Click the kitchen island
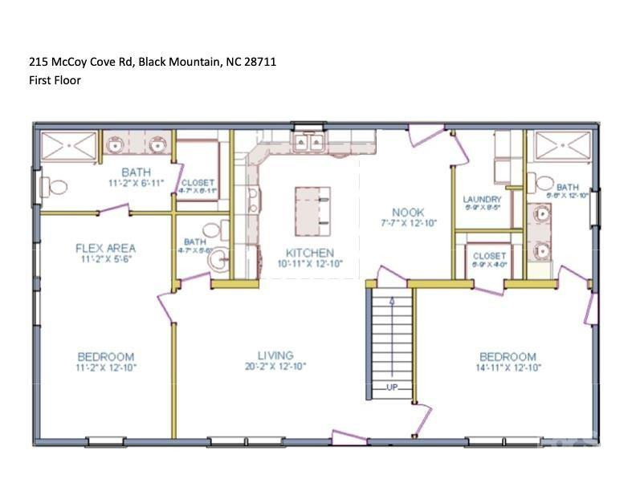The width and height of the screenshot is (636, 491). pos(312,208)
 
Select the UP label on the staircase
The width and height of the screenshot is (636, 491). pos(393,388)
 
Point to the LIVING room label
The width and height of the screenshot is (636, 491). pos(275,355)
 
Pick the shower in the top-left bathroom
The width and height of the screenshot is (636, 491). pos(68,147)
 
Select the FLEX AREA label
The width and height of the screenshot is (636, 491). pos(105,248)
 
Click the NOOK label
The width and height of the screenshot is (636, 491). pos(408,213)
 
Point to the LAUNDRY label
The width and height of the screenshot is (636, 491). pos(482,199)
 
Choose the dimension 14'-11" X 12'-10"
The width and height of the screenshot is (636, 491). pos(508,367)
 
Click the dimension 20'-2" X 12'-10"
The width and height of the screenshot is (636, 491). pos(275,367)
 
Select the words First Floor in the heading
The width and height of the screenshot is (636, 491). pos(55,80)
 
